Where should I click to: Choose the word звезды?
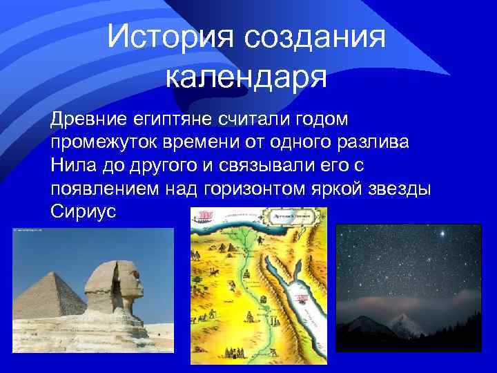click(x=403, y=189)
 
